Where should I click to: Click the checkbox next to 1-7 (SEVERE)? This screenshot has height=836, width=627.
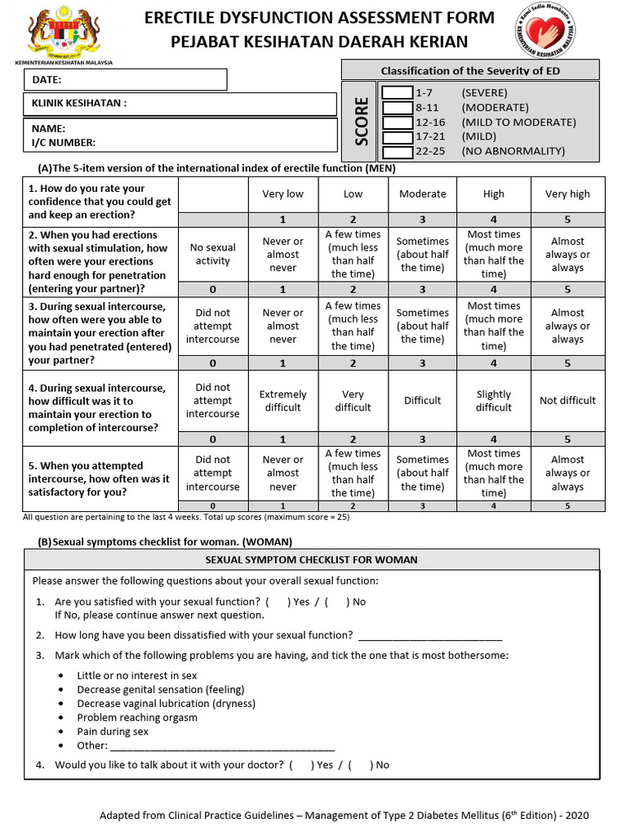tap(397, 93)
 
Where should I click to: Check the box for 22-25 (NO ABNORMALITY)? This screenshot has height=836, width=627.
tap(397, 152)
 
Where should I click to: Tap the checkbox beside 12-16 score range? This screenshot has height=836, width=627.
tap(397, 122)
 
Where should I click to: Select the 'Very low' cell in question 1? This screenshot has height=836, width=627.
tap(282, 194)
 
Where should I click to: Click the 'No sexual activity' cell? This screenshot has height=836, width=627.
tap(213, 254)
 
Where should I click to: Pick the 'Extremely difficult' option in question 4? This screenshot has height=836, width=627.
tap(282, 401)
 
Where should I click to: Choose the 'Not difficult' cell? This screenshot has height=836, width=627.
tap(567, 401)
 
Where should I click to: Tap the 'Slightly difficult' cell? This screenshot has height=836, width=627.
tap(493, 401)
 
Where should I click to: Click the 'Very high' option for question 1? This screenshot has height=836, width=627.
tap(567, 194)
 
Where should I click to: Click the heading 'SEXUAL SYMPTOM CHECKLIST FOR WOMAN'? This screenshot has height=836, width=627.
tap(311, 560)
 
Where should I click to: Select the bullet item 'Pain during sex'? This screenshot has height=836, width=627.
tap(113, 731)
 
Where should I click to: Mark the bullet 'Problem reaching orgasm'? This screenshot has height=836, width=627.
tap(136, 718)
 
